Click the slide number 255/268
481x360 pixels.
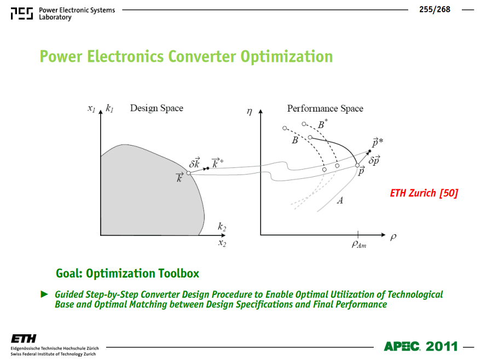coord(434,9)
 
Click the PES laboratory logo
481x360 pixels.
coord(22,14)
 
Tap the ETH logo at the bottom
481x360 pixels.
coord(24,339)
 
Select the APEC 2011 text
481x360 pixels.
coord(421,346)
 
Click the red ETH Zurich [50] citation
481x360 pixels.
coord(424,193)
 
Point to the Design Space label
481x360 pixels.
coord(157,108)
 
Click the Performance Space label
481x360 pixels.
coord(325,108)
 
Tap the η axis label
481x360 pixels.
coord(250,112)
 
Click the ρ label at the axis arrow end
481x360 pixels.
coord(393,237)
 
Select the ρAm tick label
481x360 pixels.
coord(359,244)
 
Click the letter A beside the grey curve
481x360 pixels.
coord(340,201)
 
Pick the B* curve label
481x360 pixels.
coord(322,124)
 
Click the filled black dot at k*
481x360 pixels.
coord(208,169)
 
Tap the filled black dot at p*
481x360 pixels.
coord(369,151)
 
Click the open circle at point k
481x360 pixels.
coord(189,173)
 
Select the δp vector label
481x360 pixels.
coord(374,160)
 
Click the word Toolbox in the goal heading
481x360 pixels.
coord(178,273)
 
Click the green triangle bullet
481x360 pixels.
coord(44,294)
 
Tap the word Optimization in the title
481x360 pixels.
coord(287,57)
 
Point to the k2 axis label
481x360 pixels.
coord(222,227)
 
